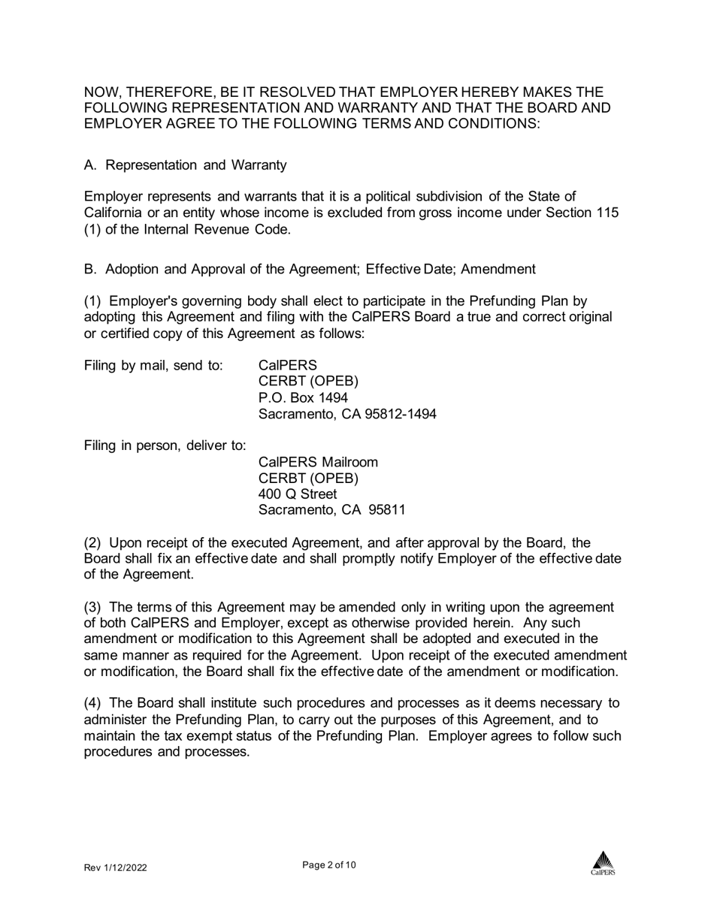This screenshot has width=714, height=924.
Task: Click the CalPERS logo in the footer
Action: click(x=602, y=863)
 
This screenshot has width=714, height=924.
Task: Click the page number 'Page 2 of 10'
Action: click(x=329, y=865)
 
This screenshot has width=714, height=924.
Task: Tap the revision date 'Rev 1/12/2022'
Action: click(x=115, y=868)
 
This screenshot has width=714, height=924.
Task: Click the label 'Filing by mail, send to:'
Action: click(x=153, y=366)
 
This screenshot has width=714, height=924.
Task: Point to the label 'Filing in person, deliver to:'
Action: click(x=165, y=445)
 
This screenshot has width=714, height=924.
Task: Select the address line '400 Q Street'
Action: click(x=298, y=494)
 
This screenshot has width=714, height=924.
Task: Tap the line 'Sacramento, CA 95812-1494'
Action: click(x=347, y=414)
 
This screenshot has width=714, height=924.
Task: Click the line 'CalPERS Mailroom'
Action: click(x=318, y=461)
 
